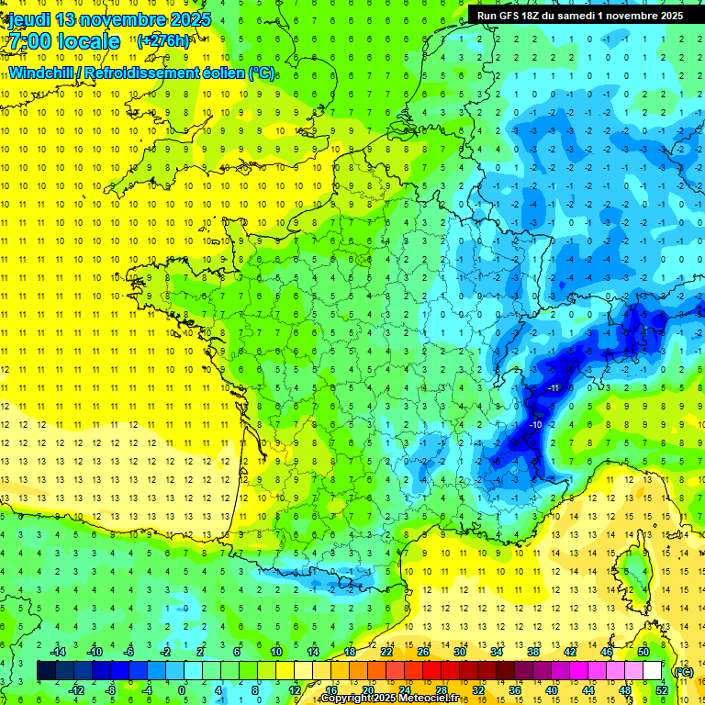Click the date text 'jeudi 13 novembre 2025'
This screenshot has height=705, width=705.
109,19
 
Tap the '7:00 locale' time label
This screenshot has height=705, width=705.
63,41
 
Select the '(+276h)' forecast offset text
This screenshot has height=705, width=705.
163,40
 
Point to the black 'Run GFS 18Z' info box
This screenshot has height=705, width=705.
580,15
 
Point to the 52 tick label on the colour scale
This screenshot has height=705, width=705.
661,690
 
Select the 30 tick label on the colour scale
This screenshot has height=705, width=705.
459,652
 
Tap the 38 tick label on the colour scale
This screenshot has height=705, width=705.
532,652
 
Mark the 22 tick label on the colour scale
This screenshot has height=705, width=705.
386,652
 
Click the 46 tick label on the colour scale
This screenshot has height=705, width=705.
606,652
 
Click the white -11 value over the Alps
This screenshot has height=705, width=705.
554,387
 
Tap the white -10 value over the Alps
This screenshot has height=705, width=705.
535,425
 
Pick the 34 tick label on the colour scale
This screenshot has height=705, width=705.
496,652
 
